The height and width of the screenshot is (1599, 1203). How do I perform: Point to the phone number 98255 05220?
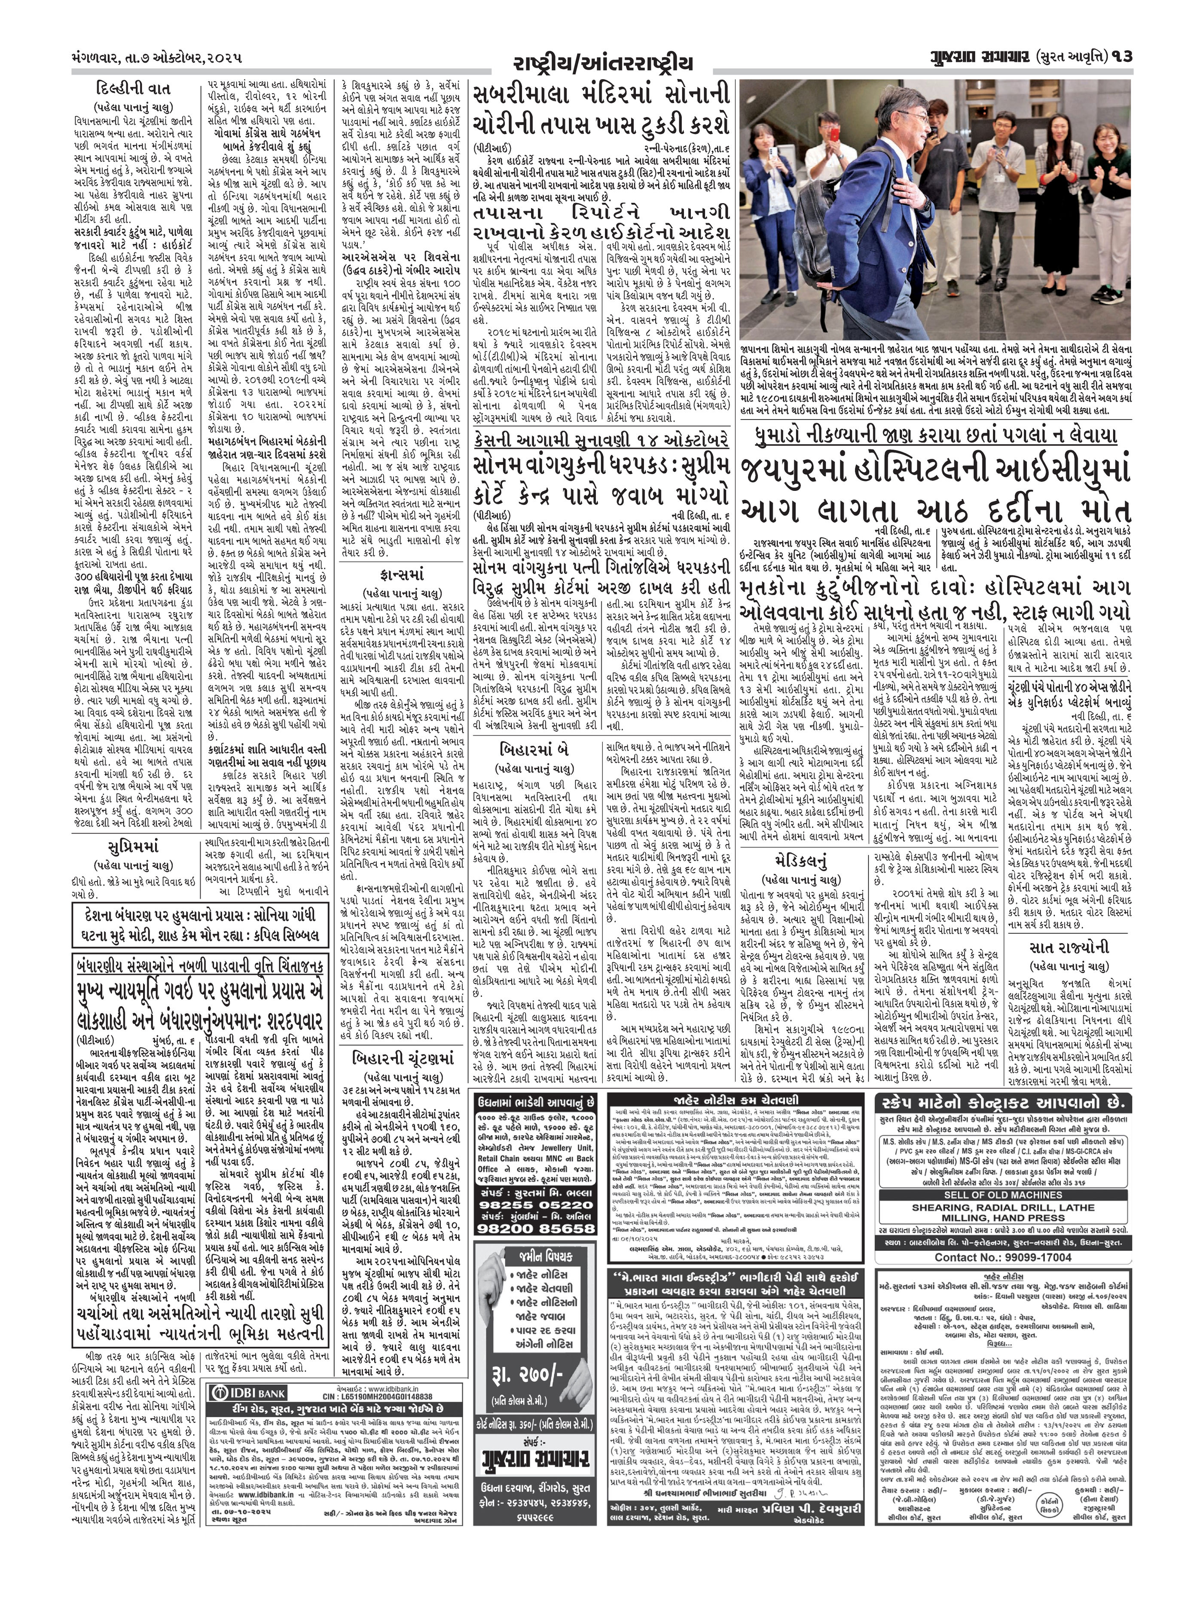click(x=534, y=1205)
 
